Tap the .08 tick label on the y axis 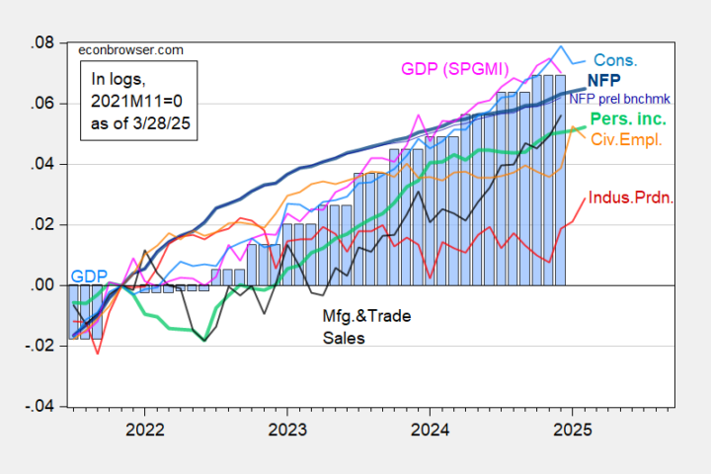coord(41,43)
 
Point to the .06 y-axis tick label coord(41,104)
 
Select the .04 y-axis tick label coord(41,164)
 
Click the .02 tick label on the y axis coord(41,224)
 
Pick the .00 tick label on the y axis coord(41,284)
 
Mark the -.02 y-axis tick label coord(39,346)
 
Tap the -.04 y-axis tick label coord(39,406)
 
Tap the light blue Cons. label coord(614,60)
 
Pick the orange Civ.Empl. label coord(626,139)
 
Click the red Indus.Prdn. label coord(632,197)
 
